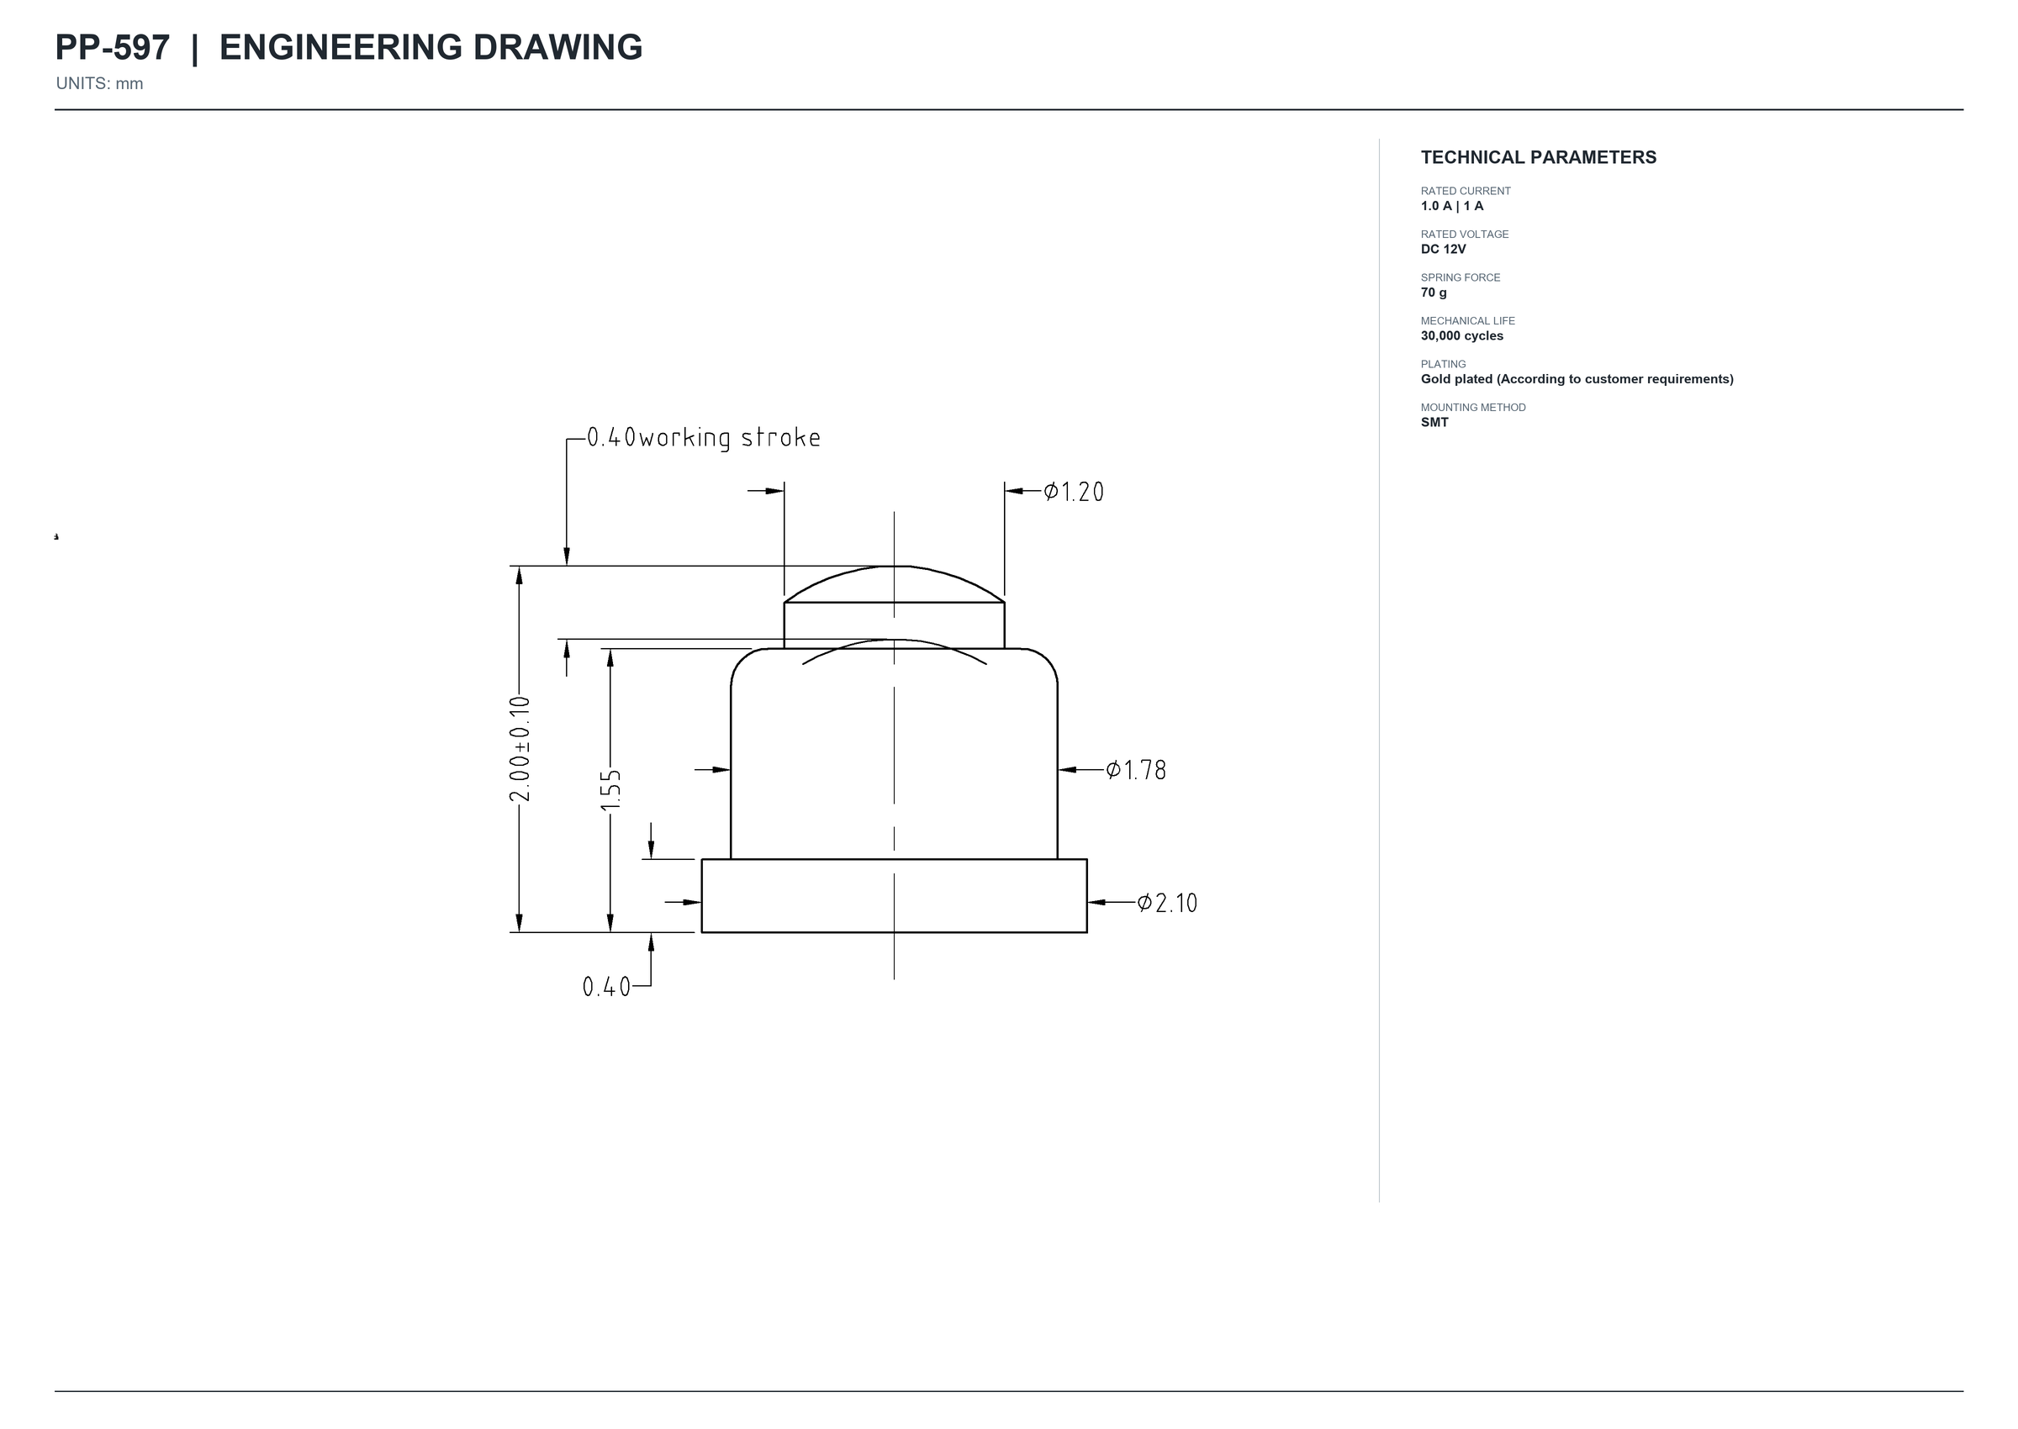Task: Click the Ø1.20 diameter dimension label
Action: coord(1073,491)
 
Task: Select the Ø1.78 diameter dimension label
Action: coord(1135,770)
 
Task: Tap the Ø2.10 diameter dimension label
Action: coord(1167,903)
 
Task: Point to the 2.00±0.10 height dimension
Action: coord(520,749)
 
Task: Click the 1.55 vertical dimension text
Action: coord(610,790)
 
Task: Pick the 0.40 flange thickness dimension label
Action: coord(606,988)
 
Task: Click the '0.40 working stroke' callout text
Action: coord(703,438)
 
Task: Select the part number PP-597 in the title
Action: coord(113,48)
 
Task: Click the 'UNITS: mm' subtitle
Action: coord(99,83)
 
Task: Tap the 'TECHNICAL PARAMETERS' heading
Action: coord(1539,157)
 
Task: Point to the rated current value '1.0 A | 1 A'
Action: coord(1452,206)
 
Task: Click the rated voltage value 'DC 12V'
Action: coord(1444,249)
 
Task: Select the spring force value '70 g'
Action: coord(1434,293)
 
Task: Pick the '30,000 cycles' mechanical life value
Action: coord(1462,336)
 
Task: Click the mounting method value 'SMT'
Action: coord(1434,422)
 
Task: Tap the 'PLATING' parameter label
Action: coord(1444,364)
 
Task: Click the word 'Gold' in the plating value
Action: coord(1435,379)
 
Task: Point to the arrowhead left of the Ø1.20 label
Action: coord(1014,491)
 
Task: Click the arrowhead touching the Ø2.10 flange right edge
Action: coord(1096,903)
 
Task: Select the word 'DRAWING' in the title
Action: coord(558,48)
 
